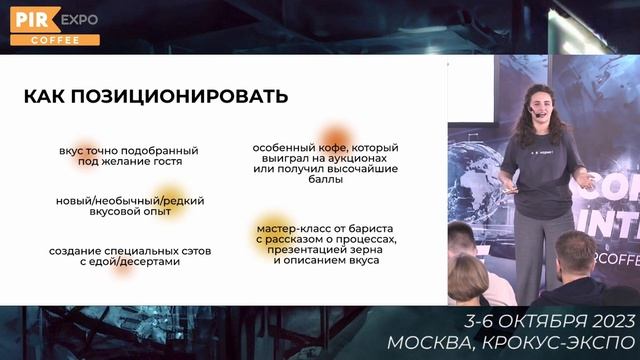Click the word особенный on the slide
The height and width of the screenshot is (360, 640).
pyautogui.click(x=285, y=148)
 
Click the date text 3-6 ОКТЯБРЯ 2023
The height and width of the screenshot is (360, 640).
pyautogui.click(x=549, y=321)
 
